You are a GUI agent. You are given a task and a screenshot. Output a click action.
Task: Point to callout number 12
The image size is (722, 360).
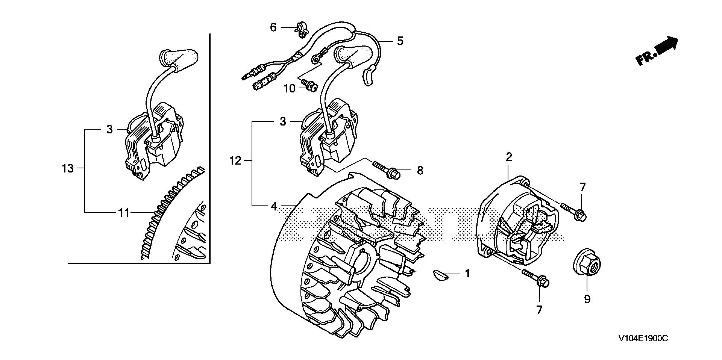click(x=235, y=161)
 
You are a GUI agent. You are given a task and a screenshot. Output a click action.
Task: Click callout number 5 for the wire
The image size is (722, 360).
click(x=400, y=41)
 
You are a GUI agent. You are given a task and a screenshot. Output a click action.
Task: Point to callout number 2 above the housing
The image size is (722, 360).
click(x=509, y=157)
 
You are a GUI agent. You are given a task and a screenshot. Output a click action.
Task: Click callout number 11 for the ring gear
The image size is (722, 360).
click(x=124, y=213)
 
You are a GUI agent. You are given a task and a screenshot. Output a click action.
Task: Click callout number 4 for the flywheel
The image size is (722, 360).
click(x=274, y=206)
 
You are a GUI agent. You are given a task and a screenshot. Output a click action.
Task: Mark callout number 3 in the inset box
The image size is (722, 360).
click(x=109, y=129)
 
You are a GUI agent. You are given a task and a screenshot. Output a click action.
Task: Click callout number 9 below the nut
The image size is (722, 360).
click(x=587, y=299)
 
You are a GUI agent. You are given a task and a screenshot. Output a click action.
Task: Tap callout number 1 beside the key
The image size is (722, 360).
click(x=467, y=274)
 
